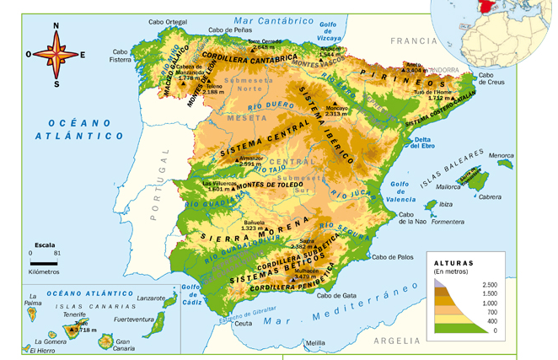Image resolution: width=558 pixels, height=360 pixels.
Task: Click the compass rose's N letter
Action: click(56, 26)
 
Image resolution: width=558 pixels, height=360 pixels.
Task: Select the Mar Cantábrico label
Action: click(268, 19)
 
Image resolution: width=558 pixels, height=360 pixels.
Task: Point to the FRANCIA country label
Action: click(410, 40)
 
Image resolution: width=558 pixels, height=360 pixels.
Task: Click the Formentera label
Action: click(448, 222)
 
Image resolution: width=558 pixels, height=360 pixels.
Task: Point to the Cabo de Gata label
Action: click(335, 296)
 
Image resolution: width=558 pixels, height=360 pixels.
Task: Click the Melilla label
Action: click(314, 343)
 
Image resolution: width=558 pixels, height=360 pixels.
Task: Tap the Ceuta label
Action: click(244, 323)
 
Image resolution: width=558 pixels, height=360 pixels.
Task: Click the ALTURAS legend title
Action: click(453, 263)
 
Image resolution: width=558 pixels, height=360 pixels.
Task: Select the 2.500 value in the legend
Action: click(489, 286)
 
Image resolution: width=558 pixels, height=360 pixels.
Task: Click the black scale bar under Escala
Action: click(43, 262)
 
